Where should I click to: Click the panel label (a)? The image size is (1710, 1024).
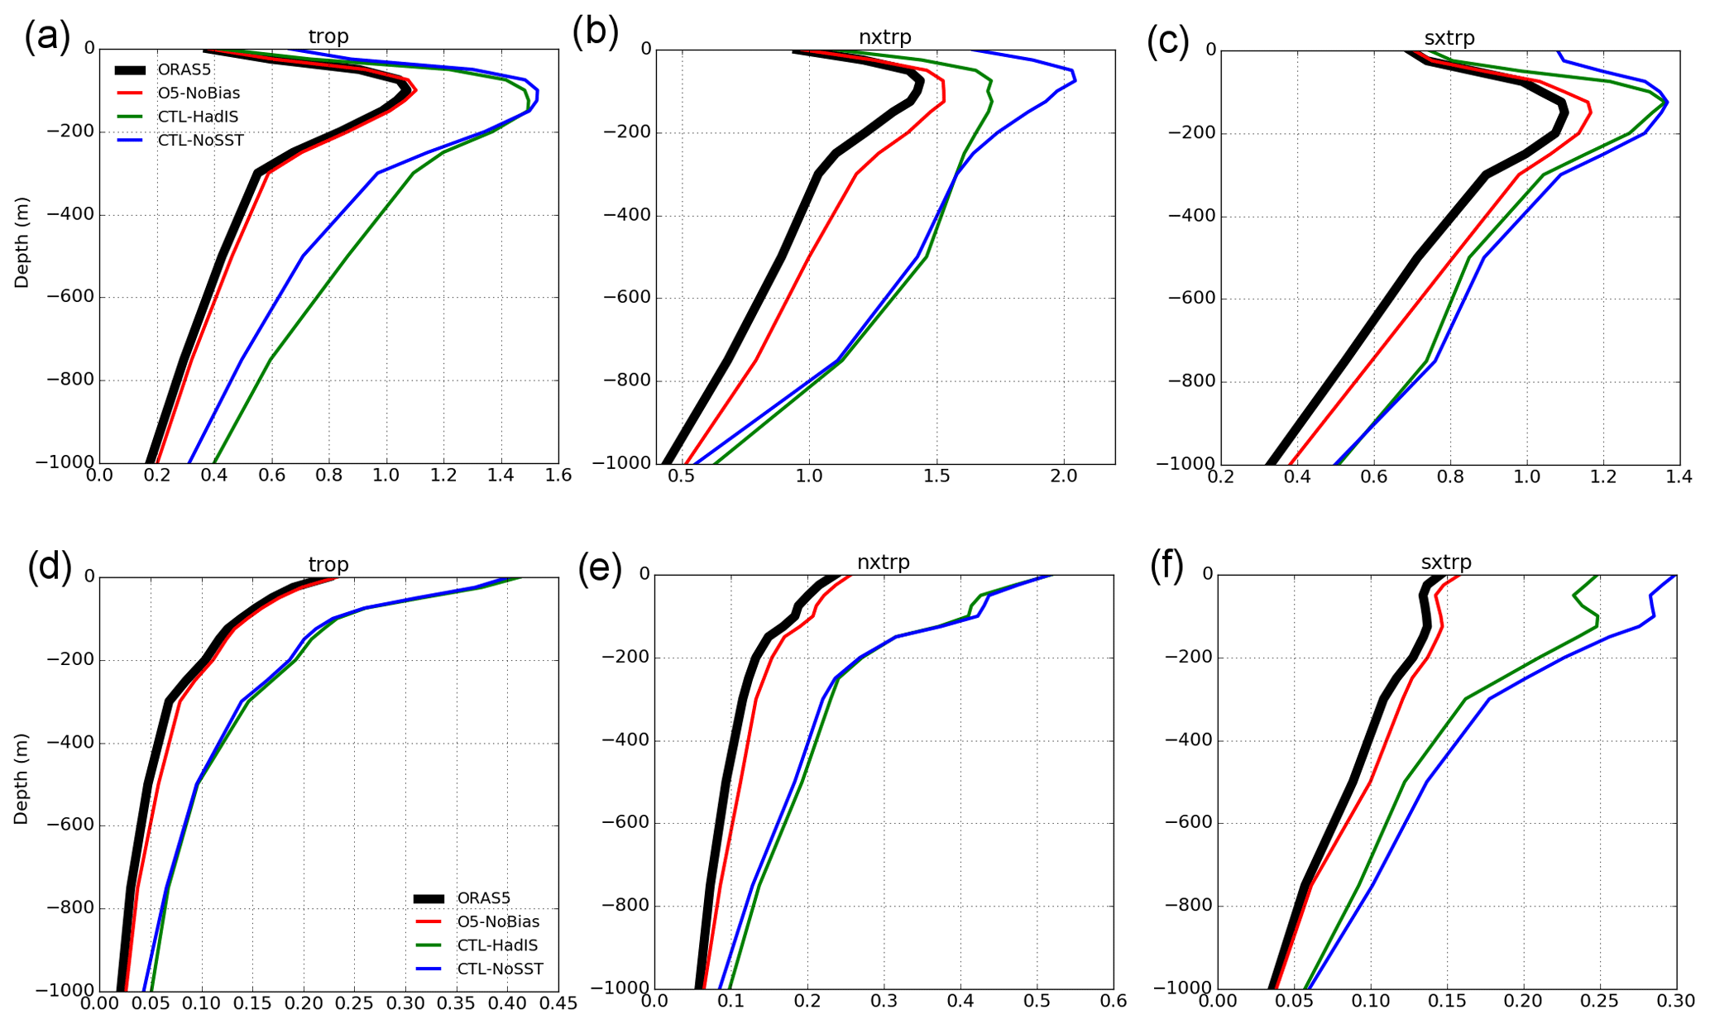pyautogui.click(x=47, y=36)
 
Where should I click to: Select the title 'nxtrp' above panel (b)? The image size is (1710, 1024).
pyautogui.click(x=884, y=37)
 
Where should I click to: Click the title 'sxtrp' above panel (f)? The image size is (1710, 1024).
pyautogui.click(x=1446, y=562)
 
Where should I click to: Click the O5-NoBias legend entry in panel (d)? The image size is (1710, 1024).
pyautogui.click(x=498, y=921)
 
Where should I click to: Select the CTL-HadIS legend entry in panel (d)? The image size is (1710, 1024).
pyautogui.click(x=497, y=945)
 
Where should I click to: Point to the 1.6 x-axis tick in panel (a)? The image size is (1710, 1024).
pyautogui.click(x=558, y=476)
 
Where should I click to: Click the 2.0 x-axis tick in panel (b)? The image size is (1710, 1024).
pyautogui.click(x=1064, y=476)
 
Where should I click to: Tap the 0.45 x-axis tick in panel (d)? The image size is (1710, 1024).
pyautogui.click(x=558, y=1003)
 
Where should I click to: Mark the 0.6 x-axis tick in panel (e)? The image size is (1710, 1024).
pyautogui.click(x=1114, y=1002)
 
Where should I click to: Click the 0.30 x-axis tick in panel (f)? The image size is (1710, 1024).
pyautogui.click(x=1676, y=1002)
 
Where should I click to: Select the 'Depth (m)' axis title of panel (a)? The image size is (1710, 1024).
pyautogui.click(x=22, y=242)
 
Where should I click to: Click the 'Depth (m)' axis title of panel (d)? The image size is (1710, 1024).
pyautogui.click(x=22, y=778)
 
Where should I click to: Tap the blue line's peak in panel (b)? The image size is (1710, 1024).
pyautogui.click(x=1075, y=80)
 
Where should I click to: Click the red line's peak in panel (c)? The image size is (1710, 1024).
pyautogui.click(x=1590, y=112)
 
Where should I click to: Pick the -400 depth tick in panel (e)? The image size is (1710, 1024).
pyautogui.click(x=625, y=740)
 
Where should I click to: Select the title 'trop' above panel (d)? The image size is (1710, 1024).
pyautogui.click(x=328, y=564)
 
